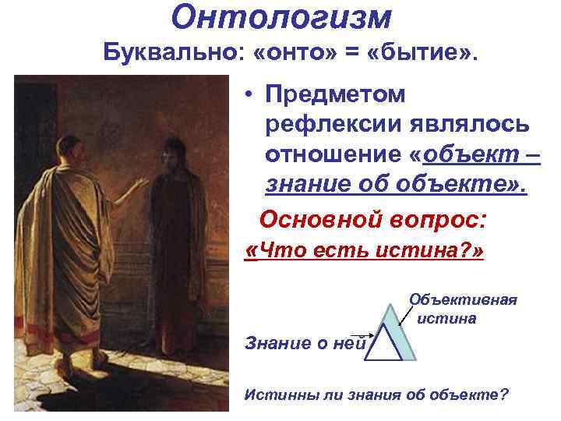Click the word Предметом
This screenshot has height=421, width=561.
click(x=336, y=95)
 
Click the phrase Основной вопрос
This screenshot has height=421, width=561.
click(x=372, y=219)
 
